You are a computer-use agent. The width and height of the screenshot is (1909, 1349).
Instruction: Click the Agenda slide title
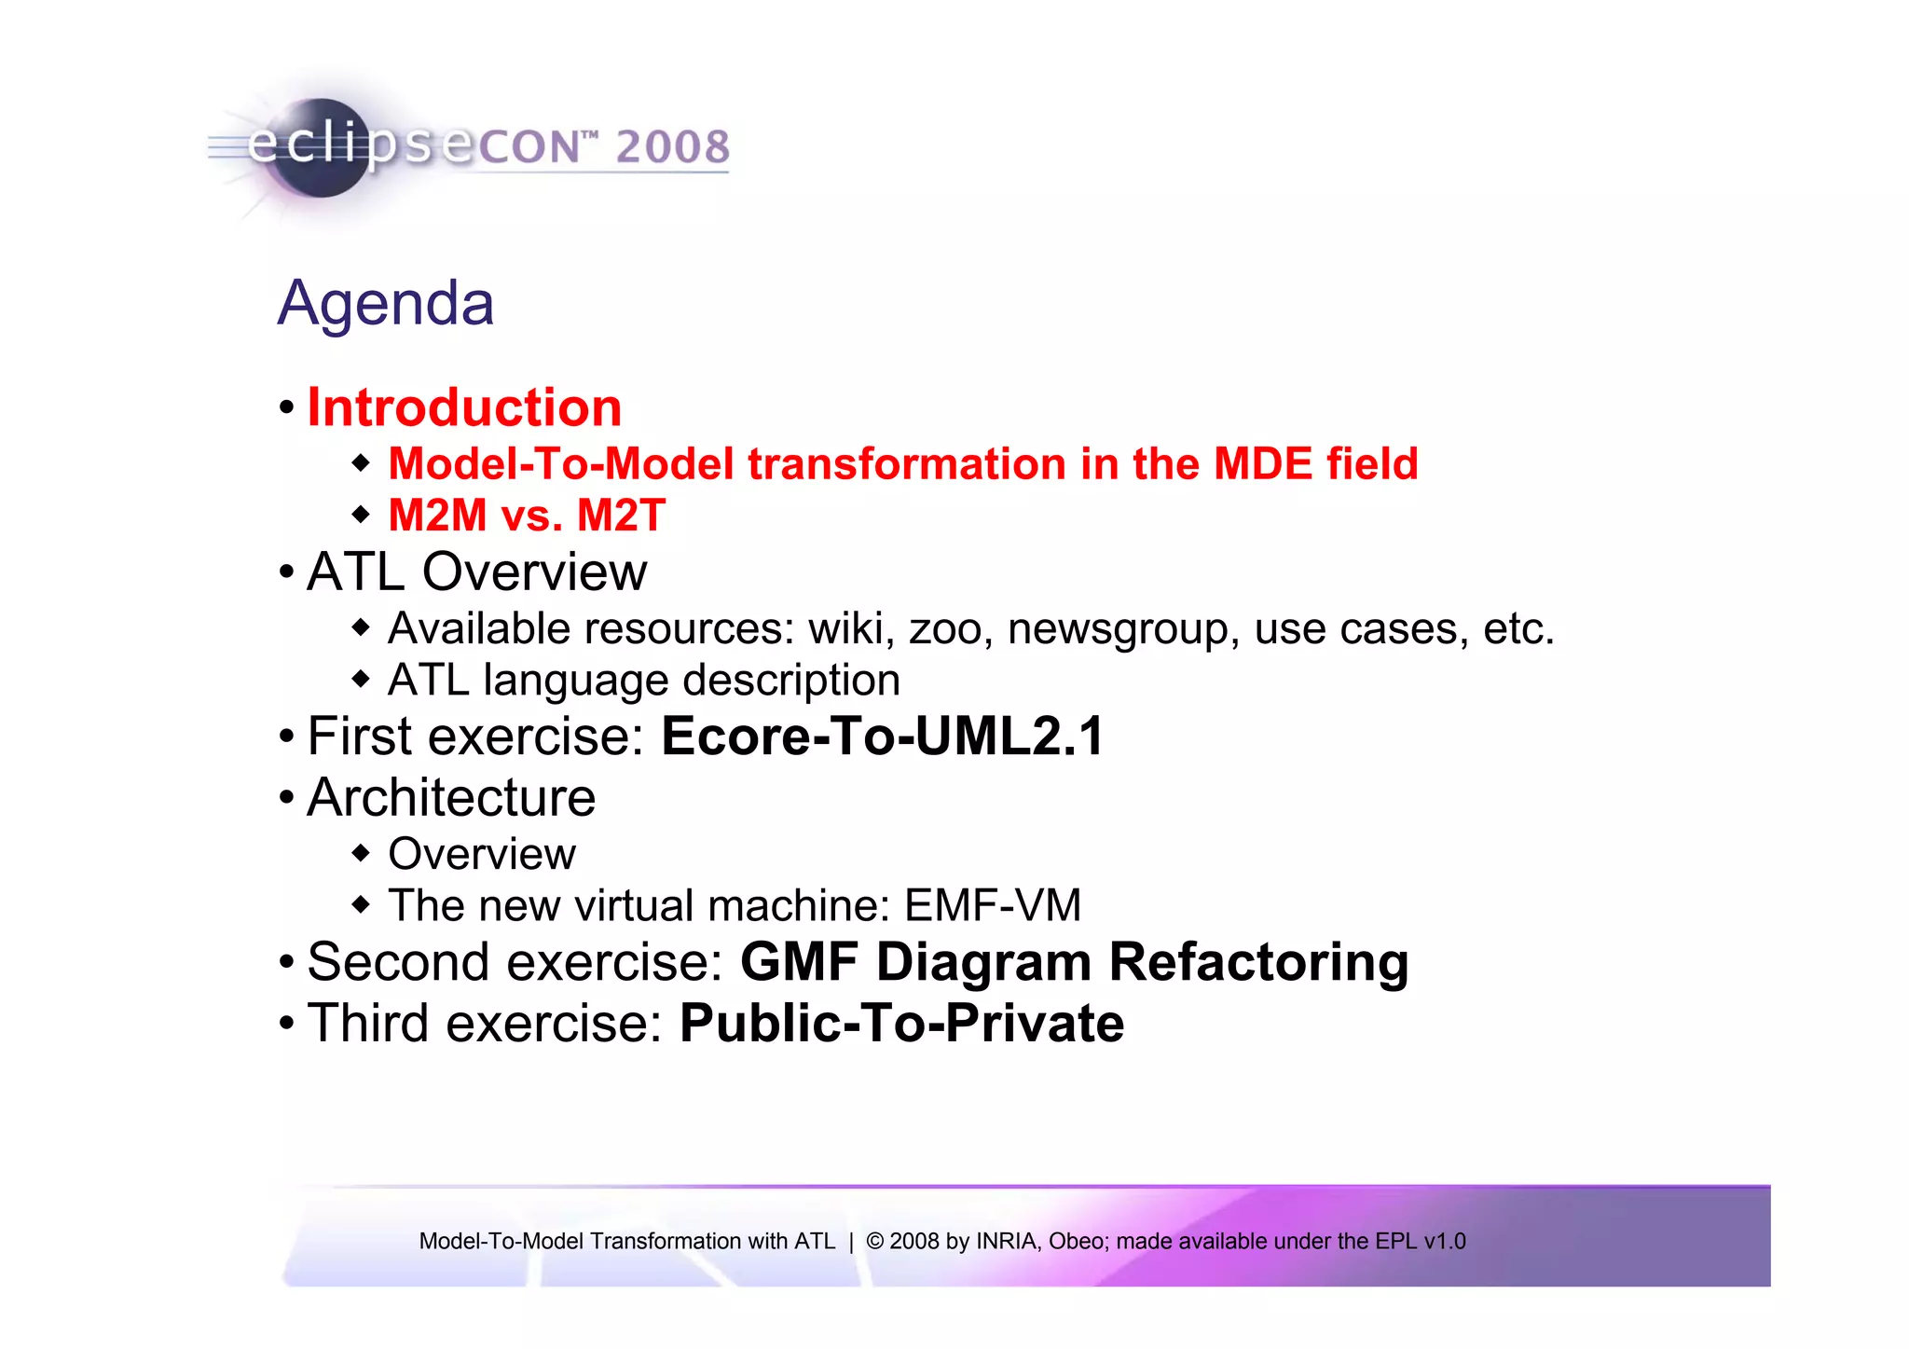pos(386,304)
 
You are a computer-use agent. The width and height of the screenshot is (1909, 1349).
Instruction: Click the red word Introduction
pos(464,408)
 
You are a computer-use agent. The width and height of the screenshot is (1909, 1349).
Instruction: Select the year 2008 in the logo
pos(672,147)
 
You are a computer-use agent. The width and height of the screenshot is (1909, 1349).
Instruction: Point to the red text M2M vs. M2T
pos(527,516)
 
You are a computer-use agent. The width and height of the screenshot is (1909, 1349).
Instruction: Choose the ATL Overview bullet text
pos(476,571)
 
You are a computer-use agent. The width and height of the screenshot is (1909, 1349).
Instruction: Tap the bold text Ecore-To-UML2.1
pos(882,736)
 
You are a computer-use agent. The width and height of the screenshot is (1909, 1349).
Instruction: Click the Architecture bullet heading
pos(451,798)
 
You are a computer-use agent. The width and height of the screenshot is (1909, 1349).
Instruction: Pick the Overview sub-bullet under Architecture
pos(482,854)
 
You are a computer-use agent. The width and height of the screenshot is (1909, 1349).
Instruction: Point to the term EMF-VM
pos(993,905)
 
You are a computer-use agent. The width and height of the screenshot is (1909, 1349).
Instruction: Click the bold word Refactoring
pos(1258,962)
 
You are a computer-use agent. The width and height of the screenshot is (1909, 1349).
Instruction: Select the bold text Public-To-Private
pos(901,1024)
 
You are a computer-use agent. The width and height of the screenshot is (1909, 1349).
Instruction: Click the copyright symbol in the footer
pos(874,1241)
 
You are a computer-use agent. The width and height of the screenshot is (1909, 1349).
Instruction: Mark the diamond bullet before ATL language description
pos(362,679)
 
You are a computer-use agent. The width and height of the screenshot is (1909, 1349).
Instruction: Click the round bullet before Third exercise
pos(287,1024)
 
